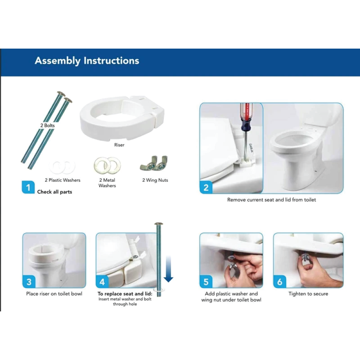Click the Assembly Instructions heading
tap(87, 61)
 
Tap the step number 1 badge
tap(28, 187)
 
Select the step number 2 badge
tap(206, 187)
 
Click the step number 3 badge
tap(29, 282)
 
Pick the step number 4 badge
tap(102, 282)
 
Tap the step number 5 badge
tap(206, 282)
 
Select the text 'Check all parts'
tap(54, 192)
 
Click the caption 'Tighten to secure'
tap(308, 294)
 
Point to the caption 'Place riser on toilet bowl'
tap(54, 294)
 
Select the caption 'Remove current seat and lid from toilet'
tap(271, 199)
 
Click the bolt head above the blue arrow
tap(158, 224)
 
